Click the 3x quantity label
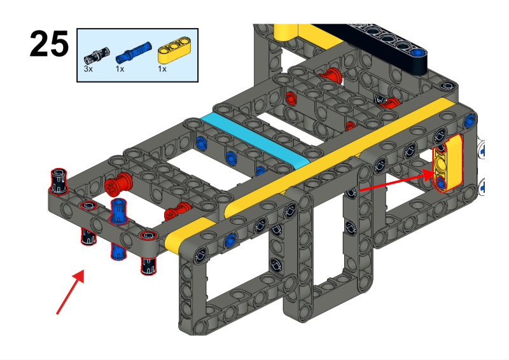(x=88, y=69)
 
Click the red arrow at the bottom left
(x=70, y=293)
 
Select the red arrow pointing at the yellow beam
(x=394, y=181)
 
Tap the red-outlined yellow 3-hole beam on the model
(x=447, y=163)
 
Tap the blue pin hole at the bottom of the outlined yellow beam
(x=442, y=183)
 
